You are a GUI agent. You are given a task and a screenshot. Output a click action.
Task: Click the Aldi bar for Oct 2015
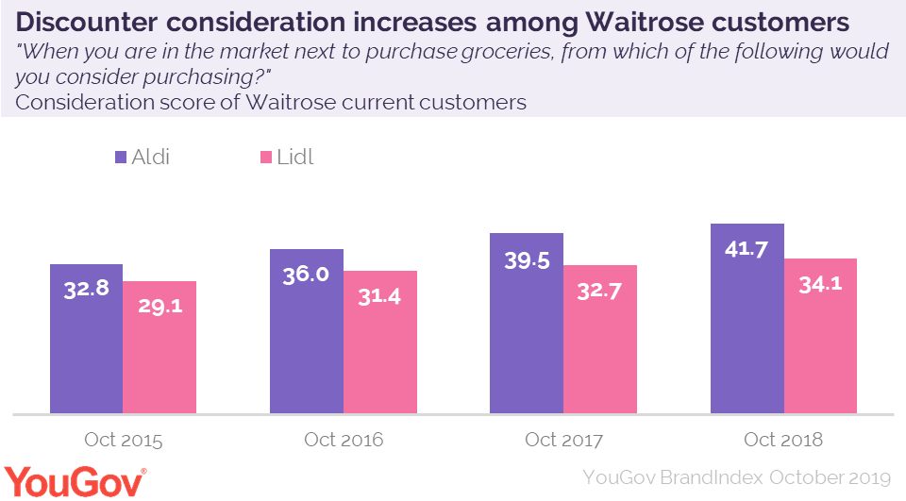click(86, 339)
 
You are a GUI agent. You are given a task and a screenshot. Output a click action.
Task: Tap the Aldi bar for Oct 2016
click(307, 331)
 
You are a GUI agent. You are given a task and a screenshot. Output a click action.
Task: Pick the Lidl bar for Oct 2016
click(379, 342)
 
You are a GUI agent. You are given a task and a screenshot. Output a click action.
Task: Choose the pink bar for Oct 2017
click(600, 339)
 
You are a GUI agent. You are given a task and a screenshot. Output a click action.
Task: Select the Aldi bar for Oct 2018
click(747, 318)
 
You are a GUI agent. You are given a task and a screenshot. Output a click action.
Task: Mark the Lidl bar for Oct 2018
click(820, 336)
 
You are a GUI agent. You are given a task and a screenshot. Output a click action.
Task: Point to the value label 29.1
click(159, 307)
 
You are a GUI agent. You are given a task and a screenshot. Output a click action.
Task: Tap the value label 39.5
click(527, 260)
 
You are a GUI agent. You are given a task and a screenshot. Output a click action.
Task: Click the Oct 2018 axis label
click(783, 440)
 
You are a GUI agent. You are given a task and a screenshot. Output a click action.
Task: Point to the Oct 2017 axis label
click(563, 440)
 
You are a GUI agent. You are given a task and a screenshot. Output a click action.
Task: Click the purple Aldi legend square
click(121, 157)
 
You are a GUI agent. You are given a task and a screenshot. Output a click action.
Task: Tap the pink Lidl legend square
click(266, 157)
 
